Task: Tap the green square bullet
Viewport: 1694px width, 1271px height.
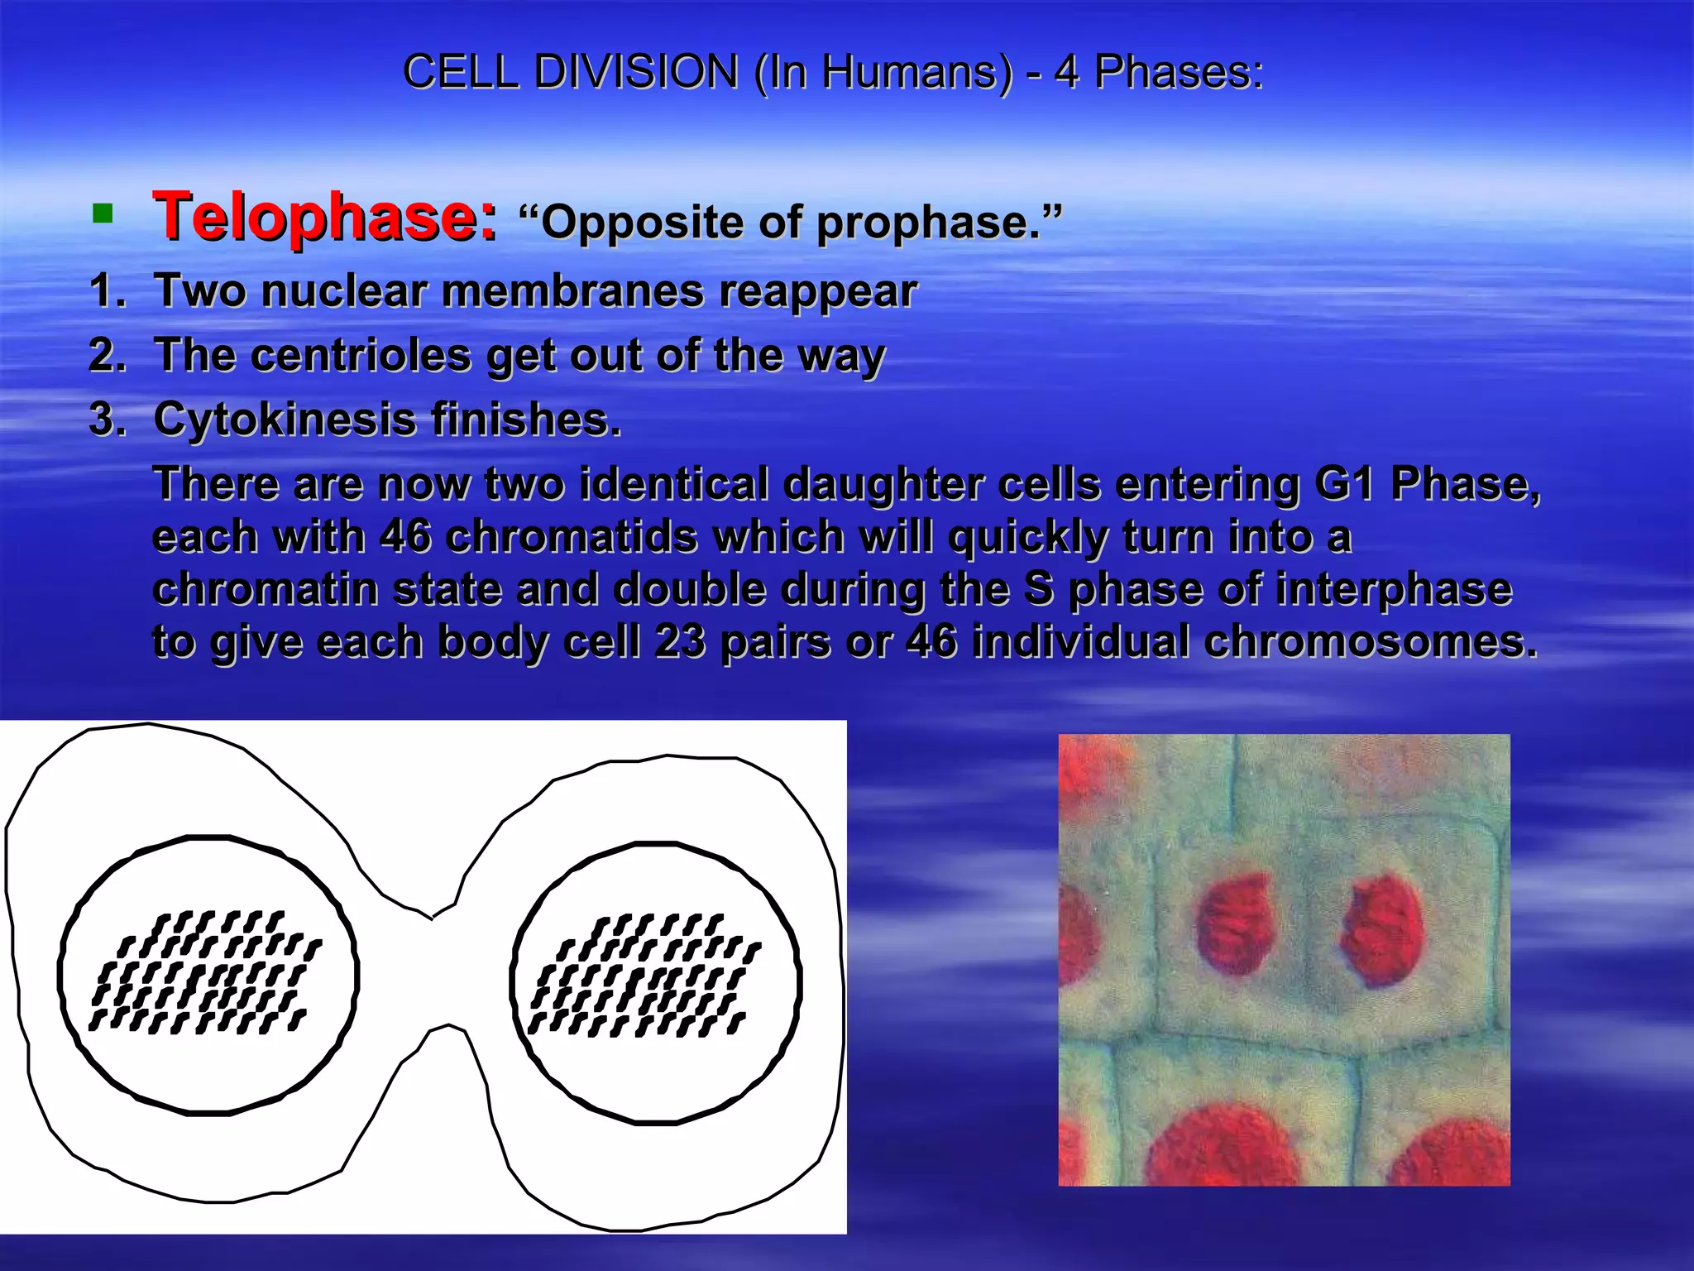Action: (103, 215)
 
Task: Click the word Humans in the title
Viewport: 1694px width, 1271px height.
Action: (916, 72)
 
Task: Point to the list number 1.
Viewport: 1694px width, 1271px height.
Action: (106, 291)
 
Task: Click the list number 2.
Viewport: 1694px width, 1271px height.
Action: (106, 356)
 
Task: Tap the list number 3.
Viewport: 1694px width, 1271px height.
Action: (106, 420)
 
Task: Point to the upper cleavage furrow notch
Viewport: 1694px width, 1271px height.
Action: (432, 916)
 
